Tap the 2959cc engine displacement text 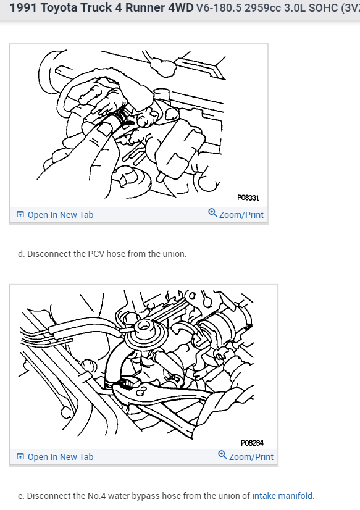point(263,8)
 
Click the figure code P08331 point(248,198)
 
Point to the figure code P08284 point(252,443)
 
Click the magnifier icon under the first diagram point(212,213)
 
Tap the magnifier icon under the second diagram point(222,454)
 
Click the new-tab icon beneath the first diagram point(20,215)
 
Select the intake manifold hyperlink point(282,496)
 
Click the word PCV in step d point(96,254)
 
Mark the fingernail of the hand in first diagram point(104,129)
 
